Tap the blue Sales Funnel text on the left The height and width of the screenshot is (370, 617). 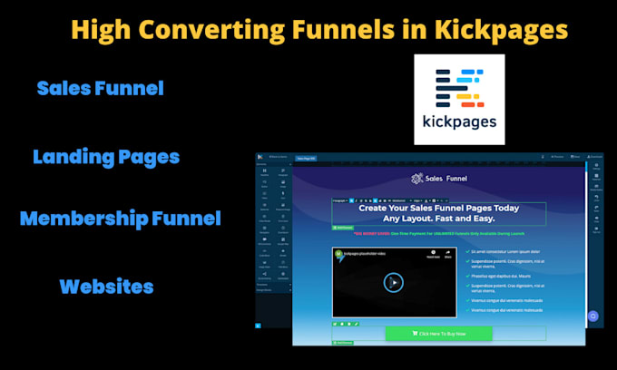pyautogui.click(x=100, y=89)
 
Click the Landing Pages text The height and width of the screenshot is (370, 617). pyautogui.click(x=106, y=157)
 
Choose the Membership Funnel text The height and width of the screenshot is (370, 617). pyautogui.click(x=120, y=219)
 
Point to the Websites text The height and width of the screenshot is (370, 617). pyautogui.click(x=106, y=287)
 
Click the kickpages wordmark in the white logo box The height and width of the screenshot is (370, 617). pyautogui.click(x=458, y=121)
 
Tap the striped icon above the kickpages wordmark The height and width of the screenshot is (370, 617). pyautogui.click(x=458, y=83)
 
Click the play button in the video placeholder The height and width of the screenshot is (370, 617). pyautogui.click(x=393, y=281)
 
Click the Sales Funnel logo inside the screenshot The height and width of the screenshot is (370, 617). pyautogui.click(x=437, y=179)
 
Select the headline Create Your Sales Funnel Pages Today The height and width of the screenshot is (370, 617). pyautogui.click(x=437, y=208)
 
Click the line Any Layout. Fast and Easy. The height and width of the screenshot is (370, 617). pyautogui.click(x=437, y=219)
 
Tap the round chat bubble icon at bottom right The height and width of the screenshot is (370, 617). pyautogui.click(x=593, y=316)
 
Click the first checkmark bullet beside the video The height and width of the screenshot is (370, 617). pyautogui.click(x=465, y=252)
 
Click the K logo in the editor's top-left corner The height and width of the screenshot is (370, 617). pyautogui.click(x=260, y=157)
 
